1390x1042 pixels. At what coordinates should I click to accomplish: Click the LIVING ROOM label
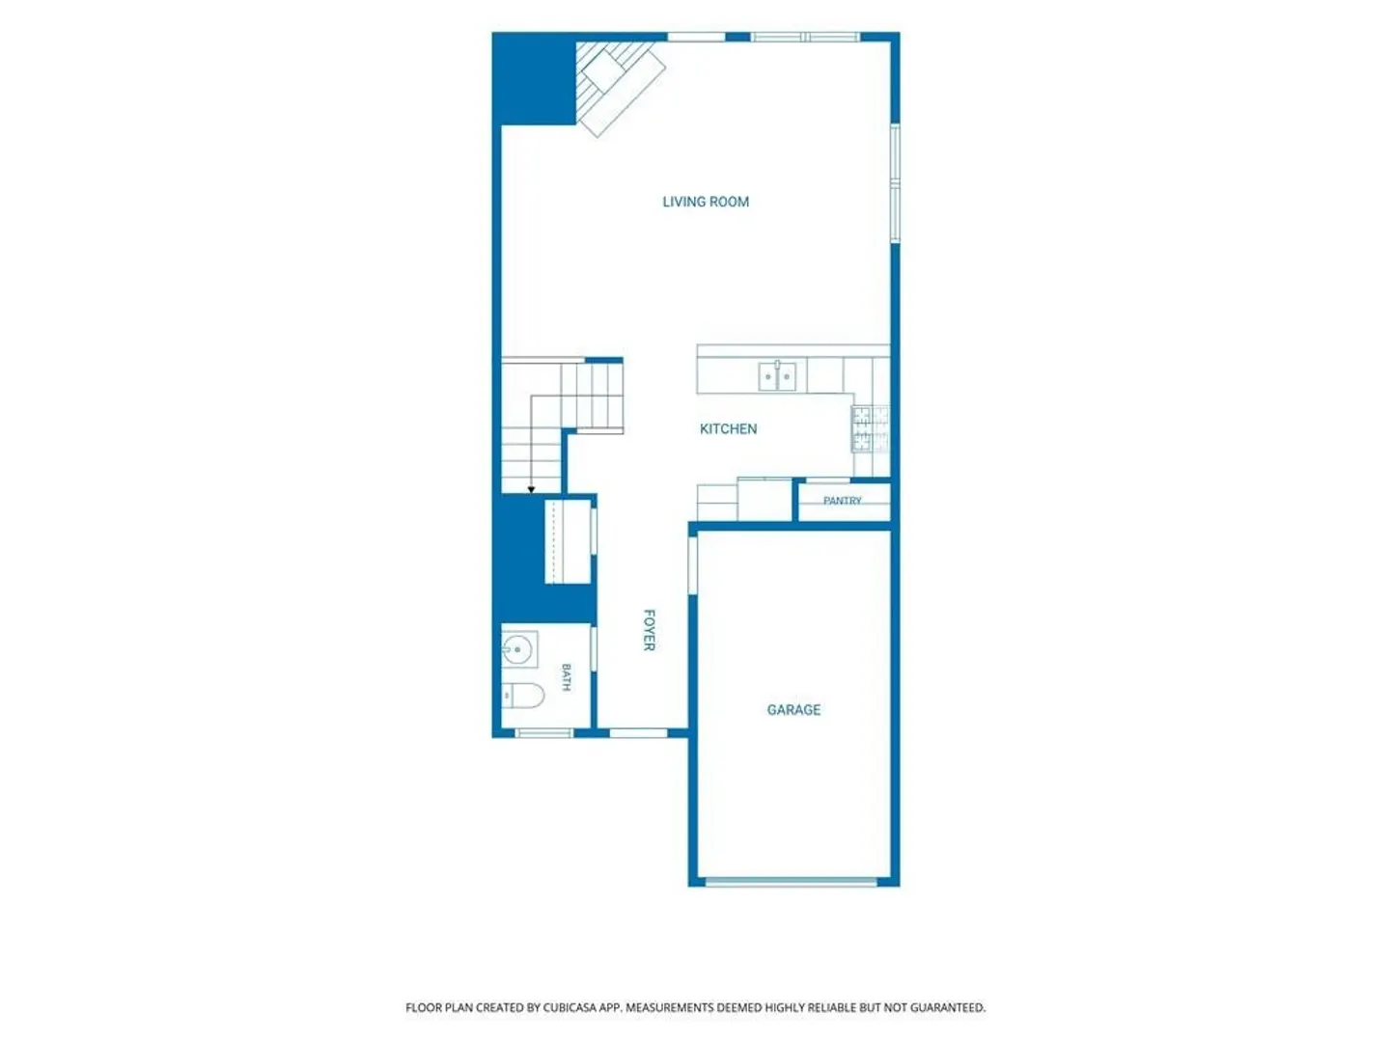[706, 202]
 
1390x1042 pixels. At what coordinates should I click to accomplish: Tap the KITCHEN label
[728, 429]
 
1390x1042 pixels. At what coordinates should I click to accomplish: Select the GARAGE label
[793, 710]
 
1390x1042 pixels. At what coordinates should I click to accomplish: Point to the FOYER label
[649, 630]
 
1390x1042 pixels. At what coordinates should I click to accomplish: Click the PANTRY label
[843, 501]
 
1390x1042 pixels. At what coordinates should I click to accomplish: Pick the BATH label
[566, 677]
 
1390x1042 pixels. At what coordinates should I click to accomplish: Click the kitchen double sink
[777, 376]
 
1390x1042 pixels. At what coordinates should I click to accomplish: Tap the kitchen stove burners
[871, 429]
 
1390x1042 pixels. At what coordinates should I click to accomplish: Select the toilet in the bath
[522, 696]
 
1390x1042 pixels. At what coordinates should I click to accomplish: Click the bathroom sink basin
[519, 649]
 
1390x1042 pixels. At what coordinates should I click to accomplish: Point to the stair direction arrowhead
[531, 490]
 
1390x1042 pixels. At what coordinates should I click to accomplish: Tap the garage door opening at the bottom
[791, 882]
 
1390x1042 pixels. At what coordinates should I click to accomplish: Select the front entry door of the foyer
[638, 733]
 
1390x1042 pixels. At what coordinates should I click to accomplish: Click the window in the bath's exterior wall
[544, 733]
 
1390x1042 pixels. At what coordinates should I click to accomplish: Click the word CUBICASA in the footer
[570, 1008]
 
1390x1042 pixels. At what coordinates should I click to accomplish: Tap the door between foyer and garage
[693, 565]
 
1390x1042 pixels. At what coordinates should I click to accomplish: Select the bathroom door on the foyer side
[594, 647]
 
